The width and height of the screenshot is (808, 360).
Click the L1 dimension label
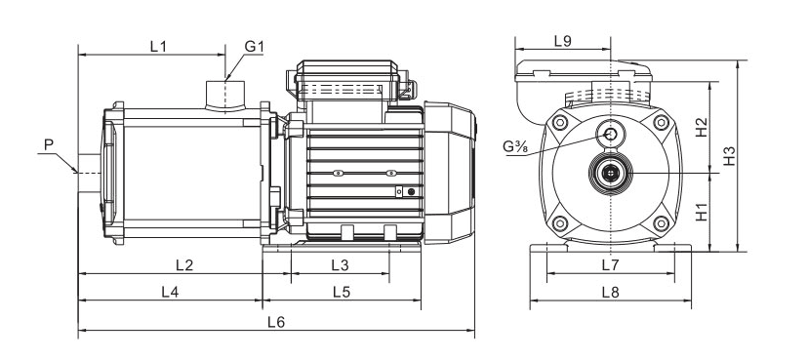(x=158, y=47)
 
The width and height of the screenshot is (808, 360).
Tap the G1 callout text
(x=254, y=47)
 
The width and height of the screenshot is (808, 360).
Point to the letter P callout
(x=49, y=144)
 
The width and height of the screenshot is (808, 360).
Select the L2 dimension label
(x=184, y=265)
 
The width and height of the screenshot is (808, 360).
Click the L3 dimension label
(x=341, y=265)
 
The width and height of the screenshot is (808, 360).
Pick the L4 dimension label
(x=170, y=292)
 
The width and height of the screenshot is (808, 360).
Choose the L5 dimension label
(x=342, y=292)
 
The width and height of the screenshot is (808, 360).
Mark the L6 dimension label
(x=276, y=322)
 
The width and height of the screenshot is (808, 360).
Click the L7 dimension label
(x=610, y=265)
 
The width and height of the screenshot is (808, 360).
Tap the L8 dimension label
(x=610, y=292)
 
